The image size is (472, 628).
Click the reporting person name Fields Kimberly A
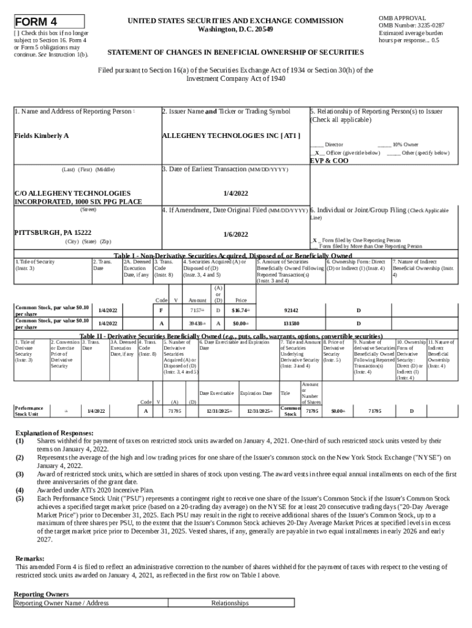(41, 135)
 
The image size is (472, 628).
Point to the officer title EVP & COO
(329, 161)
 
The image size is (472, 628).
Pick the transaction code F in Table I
(161, 311)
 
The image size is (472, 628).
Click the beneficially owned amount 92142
(291, 311)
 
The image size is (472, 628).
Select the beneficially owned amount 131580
(291, 323)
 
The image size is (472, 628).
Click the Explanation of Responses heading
(55, 432)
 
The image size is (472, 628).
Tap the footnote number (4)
(20, 490)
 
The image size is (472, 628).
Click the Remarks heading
(29, 559)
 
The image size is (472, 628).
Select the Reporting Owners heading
(41, 594)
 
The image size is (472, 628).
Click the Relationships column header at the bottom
(230, 603)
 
